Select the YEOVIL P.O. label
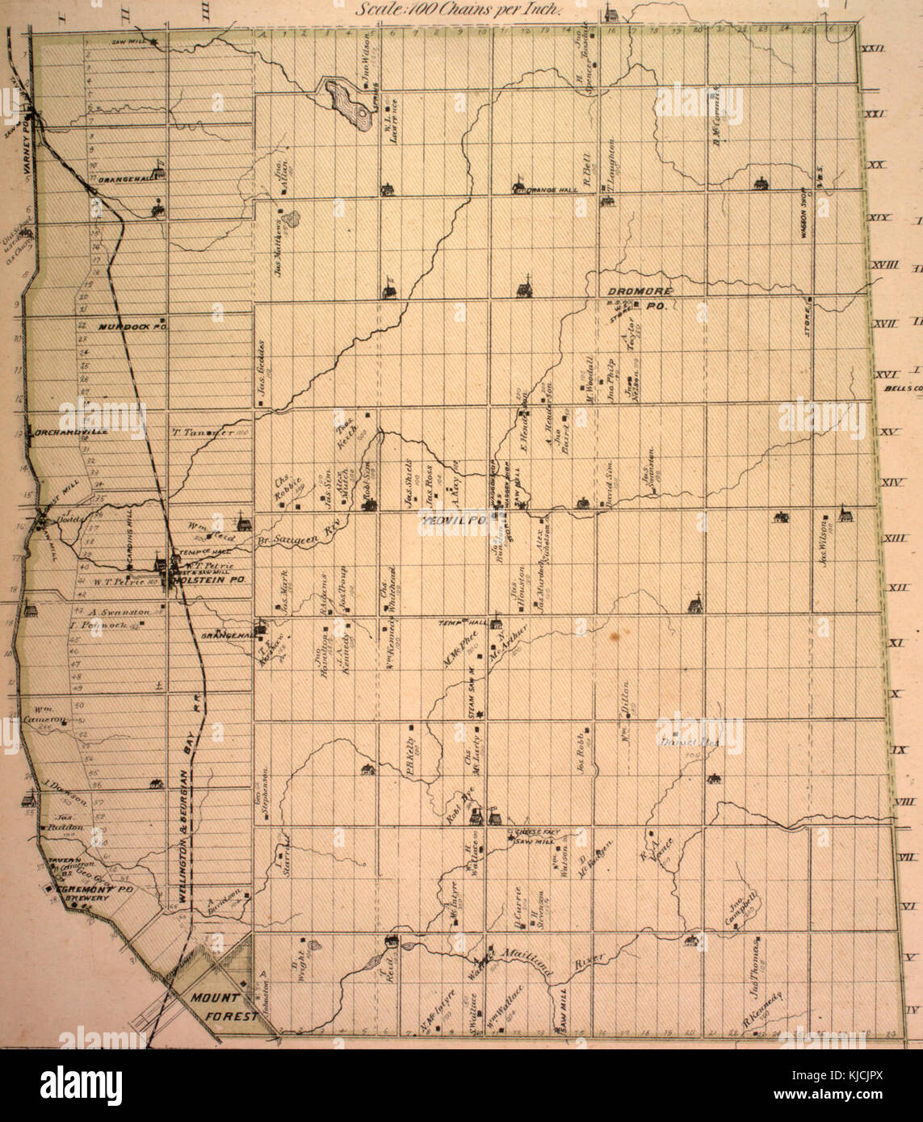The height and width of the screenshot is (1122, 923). pos(451,521)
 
